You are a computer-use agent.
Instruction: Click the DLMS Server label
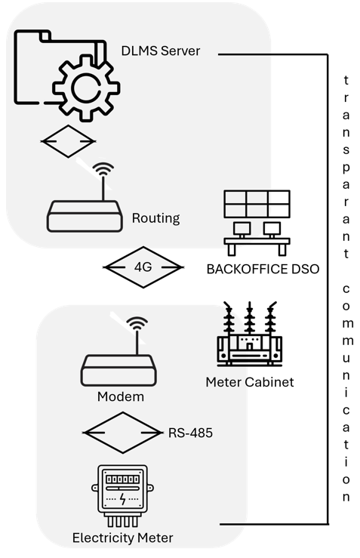coord(161,51)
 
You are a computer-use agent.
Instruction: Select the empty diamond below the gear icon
coord(68,141)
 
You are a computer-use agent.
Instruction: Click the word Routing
coord(155,218)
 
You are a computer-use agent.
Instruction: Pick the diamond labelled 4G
coord(143,267)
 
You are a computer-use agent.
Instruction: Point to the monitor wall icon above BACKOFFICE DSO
coord(257,219)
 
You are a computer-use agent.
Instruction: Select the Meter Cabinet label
coord(249,382)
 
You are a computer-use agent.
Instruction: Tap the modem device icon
coord(119,369)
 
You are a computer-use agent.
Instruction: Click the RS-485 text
coord(189,433)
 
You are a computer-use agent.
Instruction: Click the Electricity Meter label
coord(122,538)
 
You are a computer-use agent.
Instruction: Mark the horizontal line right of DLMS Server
coord(272,54)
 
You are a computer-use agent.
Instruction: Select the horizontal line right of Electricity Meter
coord(272,523)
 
